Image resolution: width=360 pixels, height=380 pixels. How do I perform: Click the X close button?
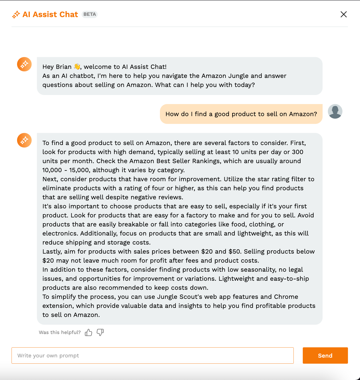[343, 14]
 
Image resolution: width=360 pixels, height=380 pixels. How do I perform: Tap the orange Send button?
[325, 355]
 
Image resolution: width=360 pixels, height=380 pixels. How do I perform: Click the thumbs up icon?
[88, 332]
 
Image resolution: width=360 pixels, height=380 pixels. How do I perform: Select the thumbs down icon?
[100, 332]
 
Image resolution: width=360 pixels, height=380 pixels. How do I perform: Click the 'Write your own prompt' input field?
[152, 355]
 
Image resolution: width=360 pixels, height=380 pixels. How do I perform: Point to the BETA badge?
[90, 14]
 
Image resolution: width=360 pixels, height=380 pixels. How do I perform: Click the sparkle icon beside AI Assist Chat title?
[16, 15]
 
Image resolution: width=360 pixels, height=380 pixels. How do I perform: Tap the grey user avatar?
[335, 111]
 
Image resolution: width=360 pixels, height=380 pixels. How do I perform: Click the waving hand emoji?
[77, 67]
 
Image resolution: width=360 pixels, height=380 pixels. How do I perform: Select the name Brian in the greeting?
[64, 67]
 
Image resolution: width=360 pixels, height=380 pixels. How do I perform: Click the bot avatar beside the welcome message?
[24, 64]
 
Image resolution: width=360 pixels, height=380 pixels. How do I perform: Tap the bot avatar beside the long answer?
[24, 140]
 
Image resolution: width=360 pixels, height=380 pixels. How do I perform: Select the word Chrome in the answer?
[286, 297]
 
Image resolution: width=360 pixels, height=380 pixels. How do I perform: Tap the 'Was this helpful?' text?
[60, 332]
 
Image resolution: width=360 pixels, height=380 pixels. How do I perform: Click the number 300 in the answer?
[297, 152]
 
